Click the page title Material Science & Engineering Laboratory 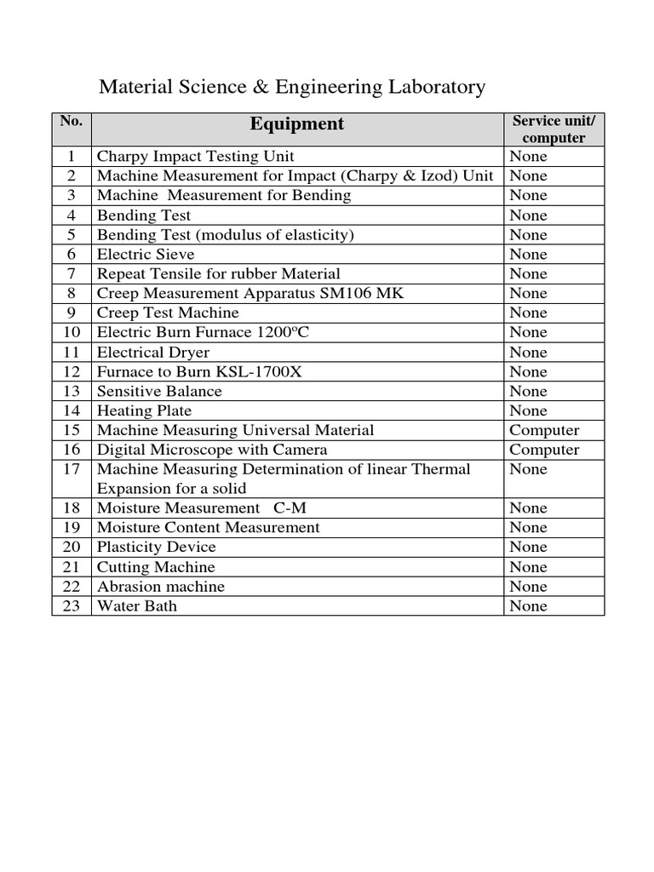tap(293, 87)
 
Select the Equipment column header tap(296, 124)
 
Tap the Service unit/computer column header tap(554, 129)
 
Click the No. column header tap(72, 121)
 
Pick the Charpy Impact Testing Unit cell tap(196, 157)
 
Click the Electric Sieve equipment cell tap(146, 255)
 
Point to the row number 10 tap(72, 333)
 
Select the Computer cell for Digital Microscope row tap(544, 450)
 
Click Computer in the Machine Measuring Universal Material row tap(544, 430)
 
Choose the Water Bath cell tap(137, 606)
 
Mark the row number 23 tap(72, 606)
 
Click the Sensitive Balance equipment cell tap(159, 392)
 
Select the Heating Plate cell tap(144, 411)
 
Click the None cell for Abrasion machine tap(528, 587)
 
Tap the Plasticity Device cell tap(157, 548)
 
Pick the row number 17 tap(72, 469)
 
